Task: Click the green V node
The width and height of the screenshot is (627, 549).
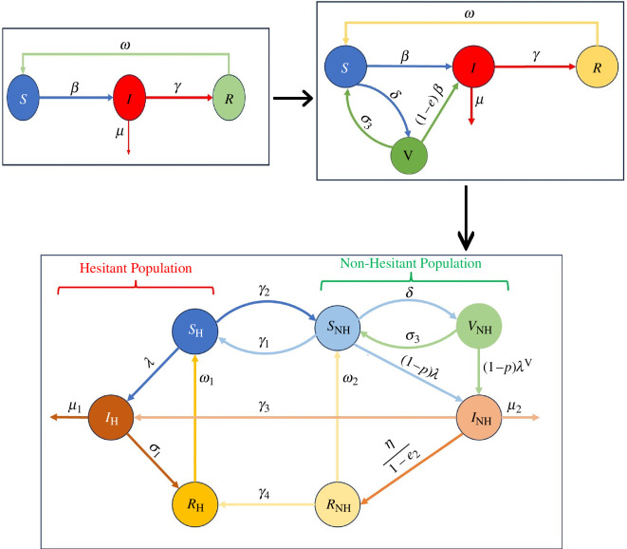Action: [x=409, y=156]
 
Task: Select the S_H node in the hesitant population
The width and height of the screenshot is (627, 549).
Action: [x=195, y=331]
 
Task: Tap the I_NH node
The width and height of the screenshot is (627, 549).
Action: [x=479, y=418]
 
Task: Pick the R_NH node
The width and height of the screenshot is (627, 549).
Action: [x=338, y=504]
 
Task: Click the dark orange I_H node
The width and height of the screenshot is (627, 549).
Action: [x=111, y=418]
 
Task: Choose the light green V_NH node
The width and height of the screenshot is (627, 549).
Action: [x=479, y=326]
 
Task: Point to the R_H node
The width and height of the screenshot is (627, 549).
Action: [x=195, y=504]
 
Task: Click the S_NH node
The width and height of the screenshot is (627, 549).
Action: [x=338, y=328]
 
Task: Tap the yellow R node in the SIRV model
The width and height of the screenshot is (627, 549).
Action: [x=597, y=66]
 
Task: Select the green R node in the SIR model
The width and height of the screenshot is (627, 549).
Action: [x=229, y=97]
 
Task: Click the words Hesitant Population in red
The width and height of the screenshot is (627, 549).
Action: [x=136, y=268]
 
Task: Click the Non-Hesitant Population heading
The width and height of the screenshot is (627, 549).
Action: [x=411, y=263]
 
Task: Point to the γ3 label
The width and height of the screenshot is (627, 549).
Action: [x=264, y=407]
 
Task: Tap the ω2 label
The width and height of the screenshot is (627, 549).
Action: [x=350, y=379]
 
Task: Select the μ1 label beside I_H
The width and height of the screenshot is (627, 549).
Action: [x=75, y=407]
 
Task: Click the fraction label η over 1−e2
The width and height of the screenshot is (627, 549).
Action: [x=401, y=456]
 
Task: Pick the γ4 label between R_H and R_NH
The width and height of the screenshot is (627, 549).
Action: [x=264, y=493]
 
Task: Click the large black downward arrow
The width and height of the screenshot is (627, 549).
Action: [x=466, y=218]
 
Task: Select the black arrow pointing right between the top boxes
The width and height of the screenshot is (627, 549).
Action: [x=293, y=98]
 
